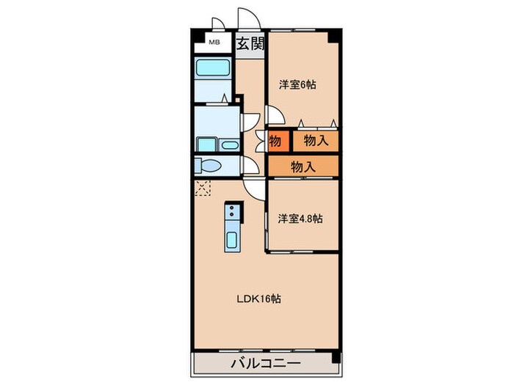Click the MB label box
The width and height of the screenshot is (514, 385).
(214, 42)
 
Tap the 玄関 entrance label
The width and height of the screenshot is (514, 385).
(250, 43)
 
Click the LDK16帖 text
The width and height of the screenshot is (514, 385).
(258, 298)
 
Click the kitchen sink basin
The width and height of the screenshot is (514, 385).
(232, 240)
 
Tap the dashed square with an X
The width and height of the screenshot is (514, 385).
(203, 188)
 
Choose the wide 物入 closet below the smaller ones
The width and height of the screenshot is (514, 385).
(303, 166)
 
